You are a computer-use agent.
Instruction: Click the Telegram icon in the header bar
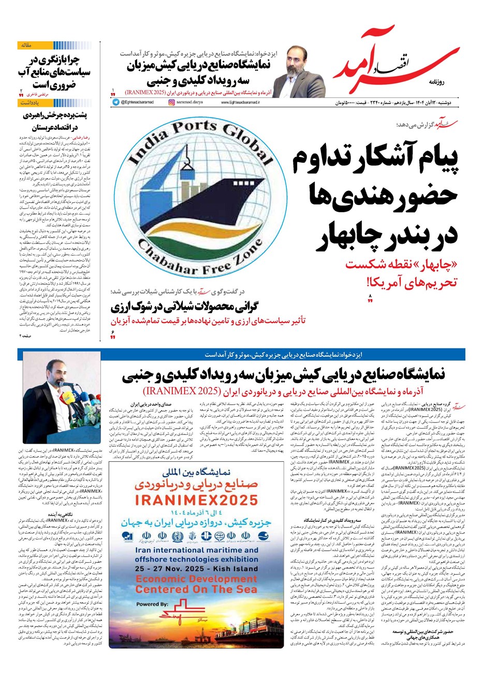[115, 102]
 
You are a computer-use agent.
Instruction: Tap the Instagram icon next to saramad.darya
[172, 102]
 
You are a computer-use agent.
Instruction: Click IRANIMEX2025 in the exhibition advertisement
[196, 500]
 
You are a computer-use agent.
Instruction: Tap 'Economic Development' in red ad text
[196, 579]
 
